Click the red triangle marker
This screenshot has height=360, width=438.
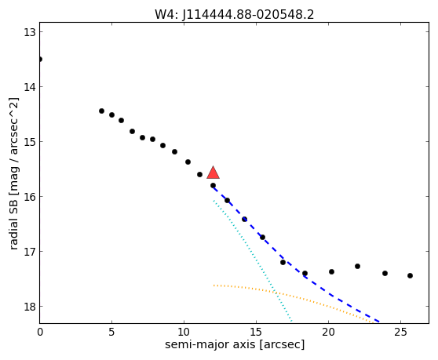(x=214, y=173)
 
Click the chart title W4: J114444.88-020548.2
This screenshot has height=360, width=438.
(x=235, y=15)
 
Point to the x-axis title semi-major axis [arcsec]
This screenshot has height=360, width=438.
(x=235, y=344)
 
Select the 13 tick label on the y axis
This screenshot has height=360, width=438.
(x=29, y=32)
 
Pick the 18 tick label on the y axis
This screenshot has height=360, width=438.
(x=29, y=307)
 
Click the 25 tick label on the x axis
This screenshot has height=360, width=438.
(x=400, y=332)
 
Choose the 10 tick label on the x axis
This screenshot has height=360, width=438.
(x=184, y=332)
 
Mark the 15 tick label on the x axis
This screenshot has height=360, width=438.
(x=256, y=332)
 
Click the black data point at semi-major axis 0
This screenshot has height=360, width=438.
(x=40, y=59)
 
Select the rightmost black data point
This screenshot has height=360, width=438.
(x=410, y=276)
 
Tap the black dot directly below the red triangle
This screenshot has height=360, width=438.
(x=214, y=185)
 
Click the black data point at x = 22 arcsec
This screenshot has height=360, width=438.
(x=358, y=266)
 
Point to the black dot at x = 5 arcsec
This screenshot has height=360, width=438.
(x=111, y=115)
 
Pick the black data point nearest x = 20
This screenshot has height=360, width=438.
(x=331, y=271)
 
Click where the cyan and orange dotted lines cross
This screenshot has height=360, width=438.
(x=275, y=292)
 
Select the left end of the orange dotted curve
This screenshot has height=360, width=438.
(x=214, y=285)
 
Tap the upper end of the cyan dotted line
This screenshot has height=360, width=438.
(x=214, y=200)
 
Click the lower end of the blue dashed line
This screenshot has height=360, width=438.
(x=379, y=322)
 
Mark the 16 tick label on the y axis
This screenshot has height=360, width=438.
(x=29, y=197)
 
